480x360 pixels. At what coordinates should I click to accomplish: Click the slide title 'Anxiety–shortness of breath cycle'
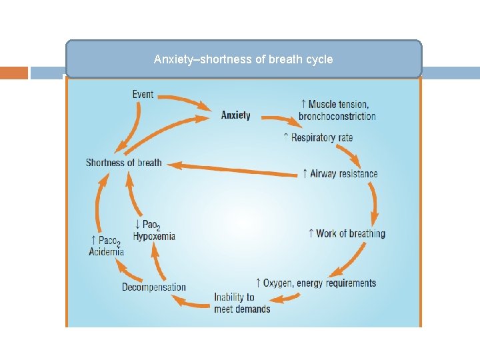[243, 59]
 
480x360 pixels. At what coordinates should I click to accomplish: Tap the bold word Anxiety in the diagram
[236, 115]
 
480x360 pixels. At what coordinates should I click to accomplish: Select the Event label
[143, 94]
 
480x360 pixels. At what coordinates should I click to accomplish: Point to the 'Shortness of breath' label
[124, 163]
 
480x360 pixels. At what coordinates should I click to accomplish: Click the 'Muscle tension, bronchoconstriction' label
[337, 110]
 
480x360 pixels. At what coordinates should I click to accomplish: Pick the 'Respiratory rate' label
[318, 138]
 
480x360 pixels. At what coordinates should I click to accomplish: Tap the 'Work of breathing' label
[347, 233]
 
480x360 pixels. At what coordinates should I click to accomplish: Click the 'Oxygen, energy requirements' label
[316, 283]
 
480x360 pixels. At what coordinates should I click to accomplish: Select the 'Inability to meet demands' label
[242, 303]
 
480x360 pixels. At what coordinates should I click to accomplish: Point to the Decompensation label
[154, 287]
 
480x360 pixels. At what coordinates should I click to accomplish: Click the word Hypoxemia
[154, 236]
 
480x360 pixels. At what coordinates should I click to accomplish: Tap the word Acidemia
[107, 251]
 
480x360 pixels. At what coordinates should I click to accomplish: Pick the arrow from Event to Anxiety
[183, 101]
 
